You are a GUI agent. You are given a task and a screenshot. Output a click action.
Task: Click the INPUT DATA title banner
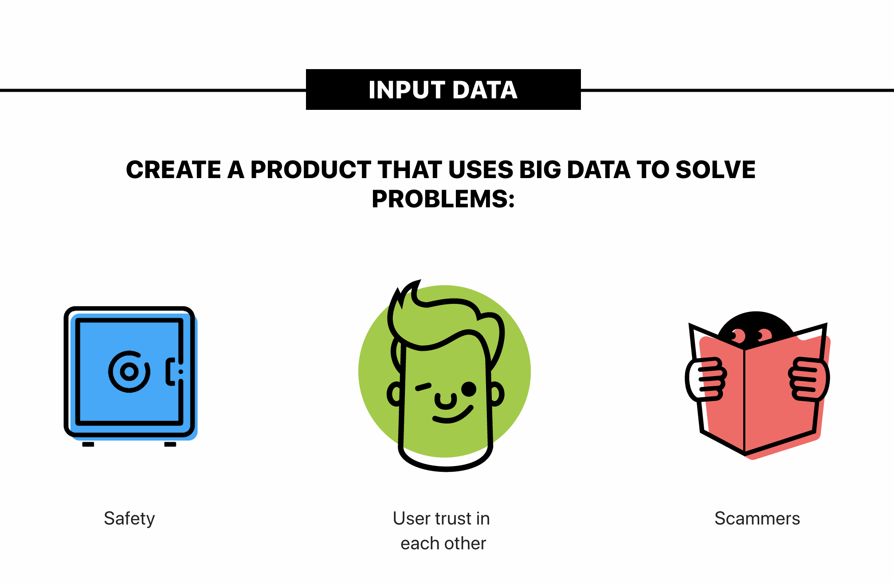point(443,89)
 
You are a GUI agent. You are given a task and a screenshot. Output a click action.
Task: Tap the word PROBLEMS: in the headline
point(443,199)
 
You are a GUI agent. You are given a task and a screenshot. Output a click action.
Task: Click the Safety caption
point(129,519)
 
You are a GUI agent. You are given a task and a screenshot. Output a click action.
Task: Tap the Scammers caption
point(757,518)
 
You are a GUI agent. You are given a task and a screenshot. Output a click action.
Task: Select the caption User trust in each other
point(442,531)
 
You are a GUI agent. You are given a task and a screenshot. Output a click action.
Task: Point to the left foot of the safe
point(88,444)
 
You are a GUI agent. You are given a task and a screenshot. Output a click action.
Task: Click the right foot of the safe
point(170,444)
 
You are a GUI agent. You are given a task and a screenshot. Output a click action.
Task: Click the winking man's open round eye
point(469,389)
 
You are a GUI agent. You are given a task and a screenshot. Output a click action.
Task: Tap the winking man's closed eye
point(423,387)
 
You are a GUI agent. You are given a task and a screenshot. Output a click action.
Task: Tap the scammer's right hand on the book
point(808,379)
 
